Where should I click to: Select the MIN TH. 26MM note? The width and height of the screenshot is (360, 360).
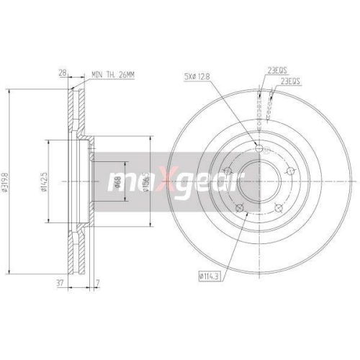coord(115,73)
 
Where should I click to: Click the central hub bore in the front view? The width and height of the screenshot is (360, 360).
coord(257,180)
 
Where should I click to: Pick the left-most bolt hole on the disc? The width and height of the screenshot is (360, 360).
coord(226,171)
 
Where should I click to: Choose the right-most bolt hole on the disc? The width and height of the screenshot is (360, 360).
coord(292,171)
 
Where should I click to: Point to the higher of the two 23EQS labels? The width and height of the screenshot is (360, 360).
coord(276,71)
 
